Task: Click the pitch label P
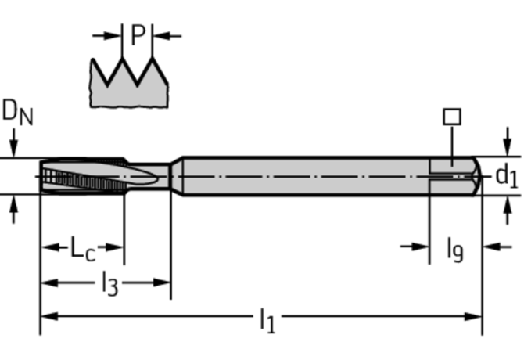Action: pyautogui.click(x=138, y=35)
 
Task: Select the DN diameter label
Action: pyautogui.click(x=16, y=113)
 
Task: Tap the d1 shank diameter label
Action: pyautogui.click(x=507, y=177)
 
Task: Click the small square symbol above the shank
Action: pyautogui.click(x=452, y=117)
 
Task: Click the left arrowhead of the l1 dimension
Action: pyautogui.click(x=47, y=316)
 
